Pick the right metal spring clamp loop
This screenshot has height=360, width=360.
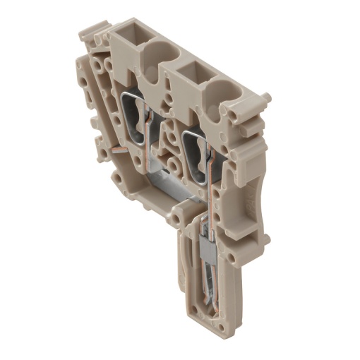pyautogui.click(x=195, y=152)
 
